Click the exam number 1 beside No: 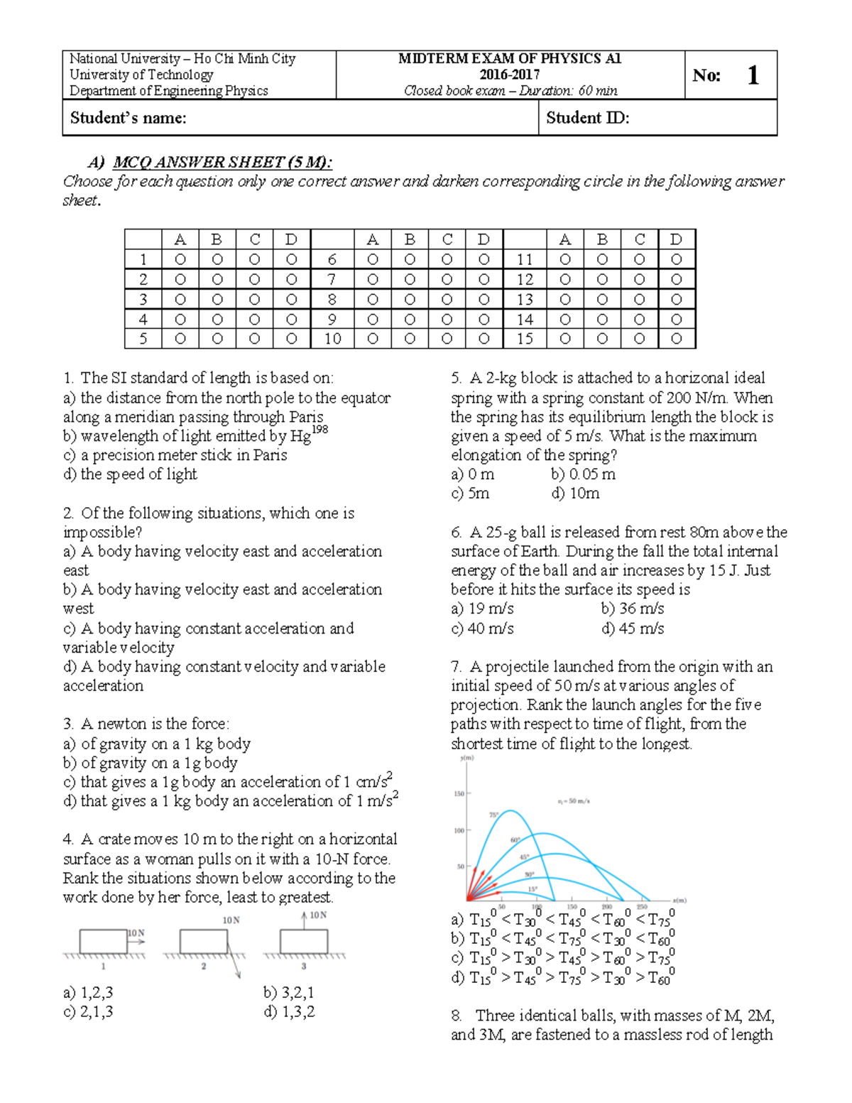pyautogui.click(x=753, y=75)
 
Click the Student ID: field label pyautogui.click(x=588, y=118)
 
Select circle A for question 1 pyautogui.click(x=180, y=260)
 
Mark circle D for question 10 pyautogui.click(x=484, y=339)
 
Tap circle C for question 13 pyautogui.click(x=639, y=300)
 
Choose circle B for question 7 pyautogui.click(x=410, y=280)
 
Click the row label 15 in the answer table pyautogui.click(x=525, y=339)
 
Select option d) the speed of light pyautogui.click(x=130, y=474)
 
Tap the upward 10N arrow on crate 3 pyautogui.click(x=305, y=919)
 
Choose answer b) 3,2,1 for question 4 pyautogui.click(x=289, y=992)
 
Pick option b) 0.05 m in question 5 pyautogui.click(x=583, y=474)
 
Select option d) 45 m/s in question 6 pyautogui.click(x=632, y=629)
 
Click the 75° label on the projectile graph pyautogui.click(x=493, y=815)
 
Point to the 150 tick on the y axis pyautogui.click(x=459, y=794)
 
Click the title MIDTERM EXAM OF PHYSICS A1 pyautogui.click(x=510, y=59)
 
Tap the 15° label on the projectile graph pyautogui.click(x=532, y=889)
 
